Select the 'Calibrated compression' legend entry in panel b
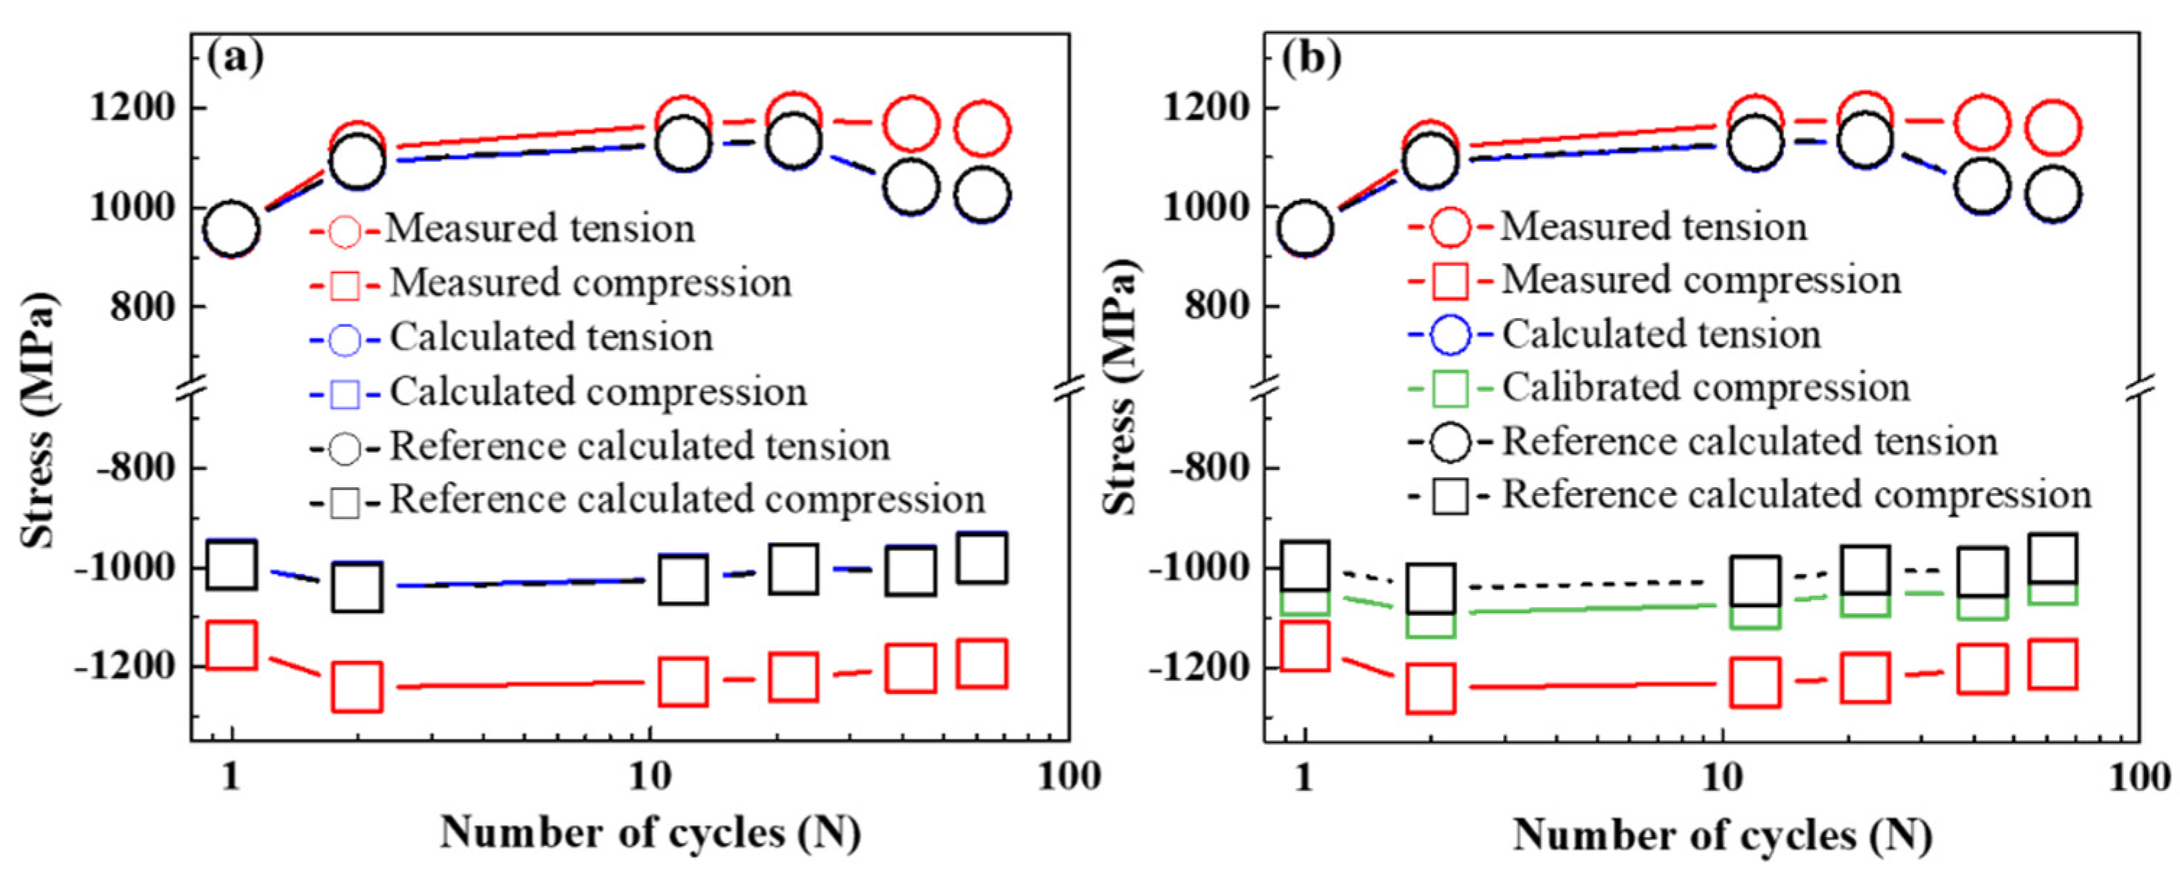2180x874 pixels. click(x=1706, y=387)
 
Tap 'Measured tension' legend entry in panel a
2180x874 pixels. click(x=540, y=228)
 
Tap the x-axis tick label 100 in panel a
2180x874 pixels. click(x=1069, y=776)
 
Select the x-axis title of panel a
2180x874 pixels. click(x=650, y=834)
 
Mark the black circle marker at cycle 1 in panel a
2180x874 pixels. click(x=232, y=228)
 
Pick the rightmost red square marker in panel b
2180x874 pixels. click(x=2053, y=664)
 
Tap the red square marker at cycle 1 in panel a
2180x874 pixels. click(x=232, y=645)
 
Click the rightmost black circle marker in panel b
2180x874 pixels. click(x=2053, y=194)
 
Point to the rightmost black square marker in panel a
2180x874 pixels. click(x=982, y=557)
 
